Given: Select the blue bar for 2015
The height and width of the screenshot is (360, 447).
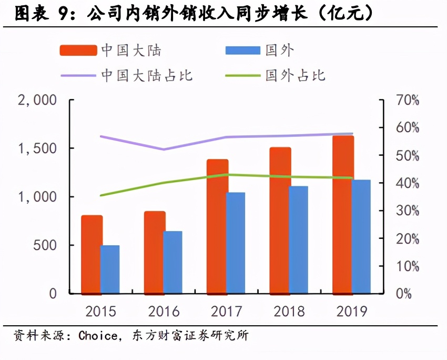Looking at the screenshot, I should [x=110, y=269].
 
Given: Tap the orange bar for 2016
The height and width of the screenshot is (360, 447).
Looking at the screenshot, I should [x=155, y=252].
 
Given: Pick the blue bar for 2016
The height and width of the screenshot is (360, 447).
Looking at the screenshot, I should [x=172, y=262].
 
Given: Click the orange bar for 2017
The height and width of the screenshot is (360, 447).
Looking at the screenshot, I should [x=217, y=226].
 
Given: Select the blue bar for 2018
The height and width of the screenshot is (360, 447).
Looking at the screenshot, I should [x=298, y=239].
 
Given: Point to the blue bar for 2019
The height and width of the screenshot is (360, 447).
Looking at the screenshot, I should [x=361, y=236].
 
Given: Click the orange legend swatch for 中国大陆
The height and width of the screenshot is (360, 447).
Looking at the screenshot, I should [x=78, y=51].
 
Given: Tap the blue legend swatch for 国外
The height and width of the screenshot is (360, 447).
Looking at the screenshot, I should [x=242, y=51].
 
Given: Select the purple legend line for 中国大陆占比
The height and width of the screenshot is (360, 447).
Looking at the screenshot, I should [x=78, y=75].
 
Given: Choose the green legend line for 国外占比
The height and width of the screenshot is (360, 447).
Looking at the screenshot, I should [x=242, y=75].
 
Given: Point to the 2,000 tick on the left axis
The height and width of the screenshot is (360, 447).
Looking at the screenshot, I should [x=37, y=100].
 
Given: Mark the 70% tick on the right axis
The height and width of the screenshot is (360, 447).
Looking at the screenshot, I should [x=408, y=100].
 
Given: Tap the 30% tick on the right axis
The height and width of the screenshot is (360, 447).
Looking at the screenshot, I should [x=408, y=211].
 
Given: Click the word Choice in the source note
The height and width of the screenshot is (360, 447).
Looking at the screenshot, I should [x=98, y=335].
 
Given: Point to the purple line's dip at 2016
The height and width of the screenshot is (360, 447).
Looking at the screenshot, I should [x=164, y=149].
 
